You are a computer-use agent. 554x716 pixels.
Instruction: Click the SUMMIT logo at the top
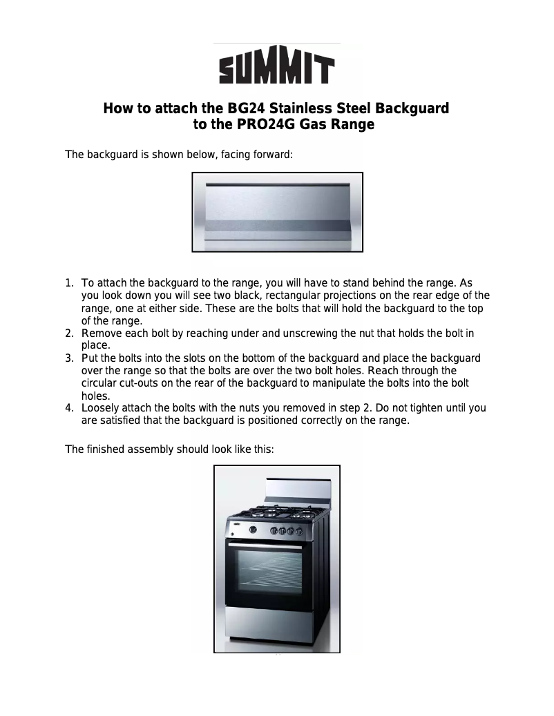coord(277,64)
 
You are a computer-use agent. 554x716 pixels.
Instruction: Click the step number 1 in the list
coord(68,283)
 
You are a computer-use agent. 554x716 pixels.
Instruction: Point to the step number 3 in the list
coord(69,358)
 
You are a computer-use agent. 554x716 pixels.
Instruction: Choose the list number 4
coord(69,408)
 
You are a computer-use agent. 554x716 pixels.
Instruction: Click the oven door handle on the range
coord(265,545)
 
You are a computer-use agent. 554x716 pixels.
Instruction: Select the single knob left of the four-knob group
coord(253,530)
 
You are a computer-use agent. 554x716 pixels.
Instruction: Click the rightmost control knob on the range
coord(299,532)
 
